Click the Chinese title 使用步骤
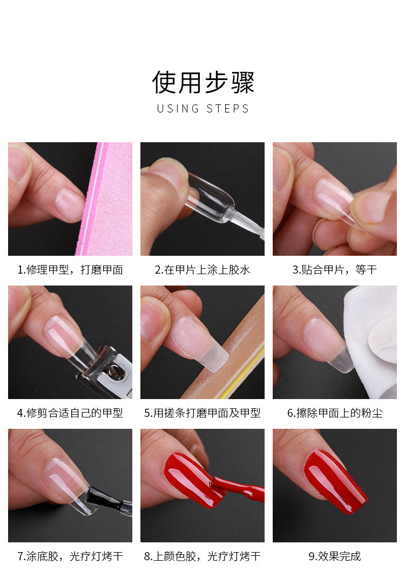pos(202,82)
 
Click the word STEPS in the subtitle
pos(228,109)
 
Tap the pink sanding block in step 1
pos(111,200)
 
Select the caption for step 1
pos(70,270)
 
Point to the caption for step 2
pos(202,270)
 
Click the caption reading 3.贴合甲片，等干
pos(335,270)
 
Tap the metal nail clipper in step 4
pos(108,373)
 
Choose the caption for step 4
pos(70,413)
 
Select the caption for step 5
pos(202,413)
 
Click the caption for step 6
pos(335,413)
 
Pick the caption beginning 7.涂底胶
pos(70,556)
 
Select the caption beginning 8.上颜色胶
pos(202,556)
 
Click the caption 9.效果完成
pos(335,556)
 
